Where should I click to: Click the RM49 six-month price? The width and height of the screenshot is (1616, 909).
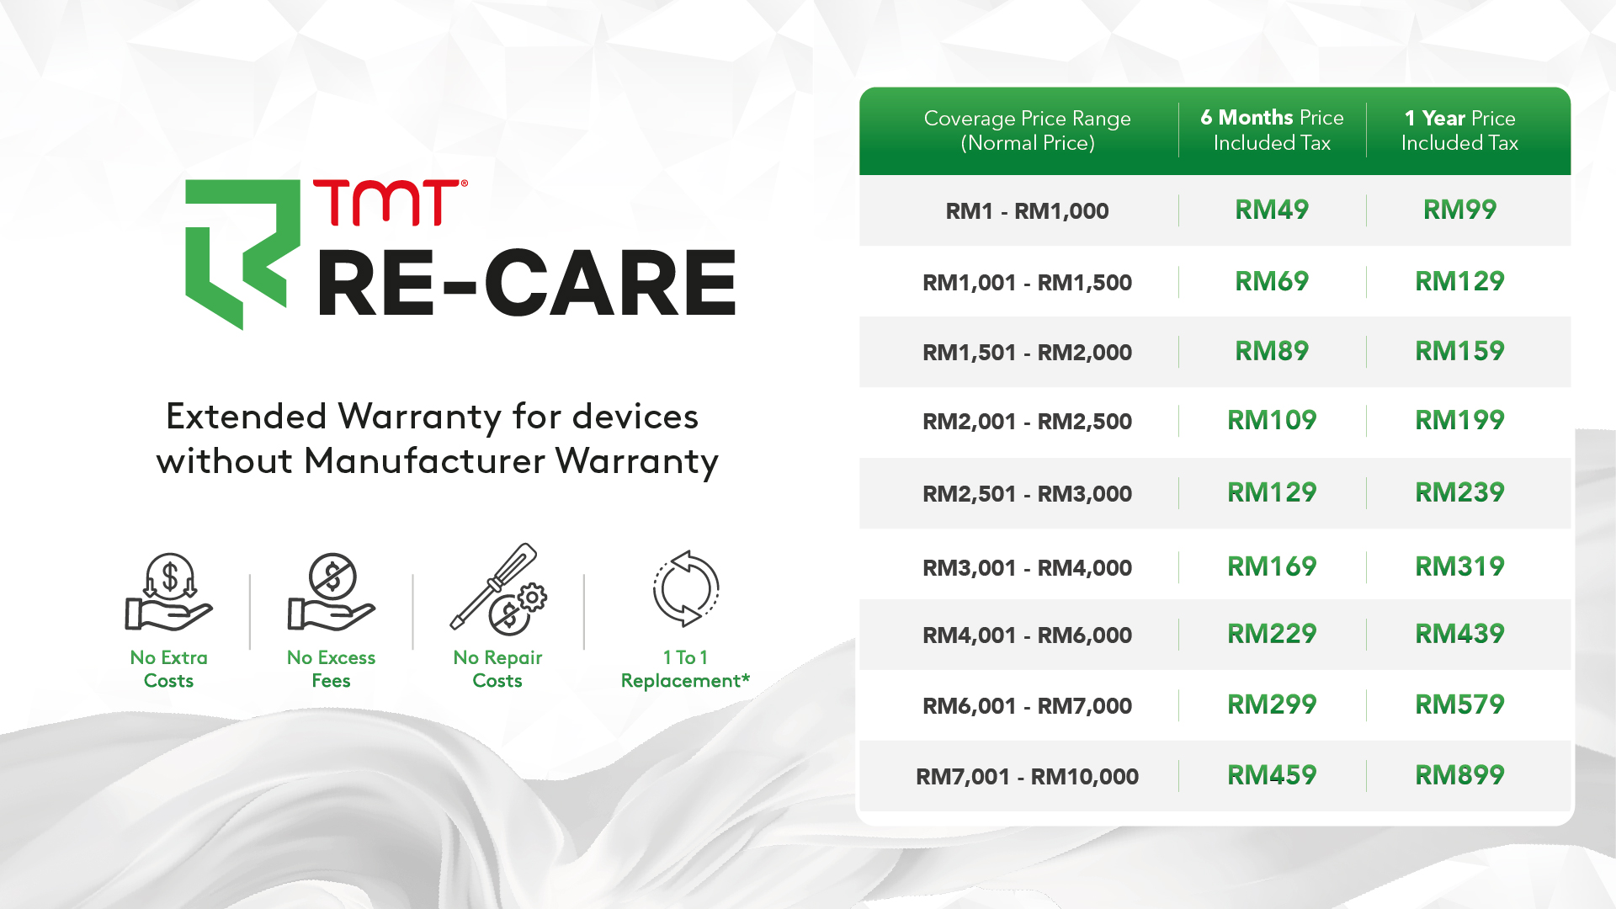point(1271,210)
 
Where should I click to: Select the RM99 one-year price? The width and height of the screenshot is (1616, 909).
point(1459,210)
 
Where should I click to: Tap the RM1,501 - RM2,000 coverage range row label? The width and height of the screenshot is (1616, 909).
point(1027,353)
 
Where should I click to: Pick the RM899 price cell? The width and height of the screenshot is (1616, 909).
point(1459,775)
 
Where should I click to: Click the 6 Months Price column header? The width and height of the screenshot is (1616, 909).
point(1272,130)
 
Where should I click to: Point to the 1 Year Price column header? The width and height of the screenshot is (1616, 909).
point(1459,130)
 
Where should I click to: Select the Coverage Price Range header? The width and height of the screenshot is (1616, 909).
point(1027,130)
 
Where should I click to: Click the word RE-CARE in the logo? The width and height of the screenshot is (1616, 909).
point(527,284)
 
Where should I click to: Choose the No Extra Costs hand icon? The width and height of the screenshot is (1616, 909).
point(168,592)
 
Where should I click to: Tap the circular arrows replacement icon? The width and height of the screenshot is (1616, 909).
point(686,588)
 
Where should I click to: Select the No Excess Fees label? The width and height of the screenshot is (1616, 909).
point(331,669)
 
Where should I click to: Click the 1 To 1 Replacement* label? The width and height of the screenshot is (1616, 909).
point(685,669)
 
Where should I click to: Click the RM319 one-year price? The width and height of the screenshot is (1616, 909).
point(1459,566)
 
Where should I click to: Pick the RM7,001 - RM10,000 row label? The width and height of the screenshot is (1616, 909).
point(1027,777)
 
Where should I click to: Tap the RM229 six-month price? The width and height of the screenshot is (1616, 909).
point(1271,634)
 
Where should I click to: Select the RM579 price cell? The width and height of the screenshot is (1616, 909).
point(1459,704)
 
